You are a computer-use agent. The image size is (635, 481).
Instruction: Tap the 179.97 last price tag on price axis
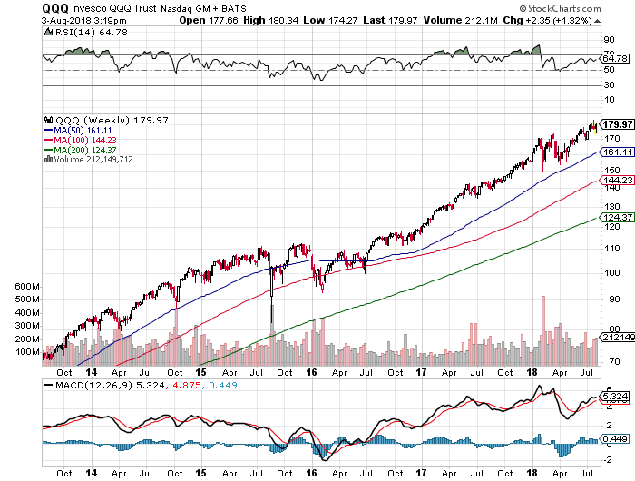[x=615, y=124]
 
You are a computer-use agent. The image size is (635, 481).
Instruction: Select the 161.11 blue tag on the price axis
[x=615, y=152]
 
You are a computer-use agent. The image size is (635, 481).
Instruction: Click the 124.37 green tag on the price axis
[x=615, y=219]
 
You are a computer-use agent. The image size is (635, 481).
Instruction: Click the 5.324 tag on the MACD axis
[x=615, y=396]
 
